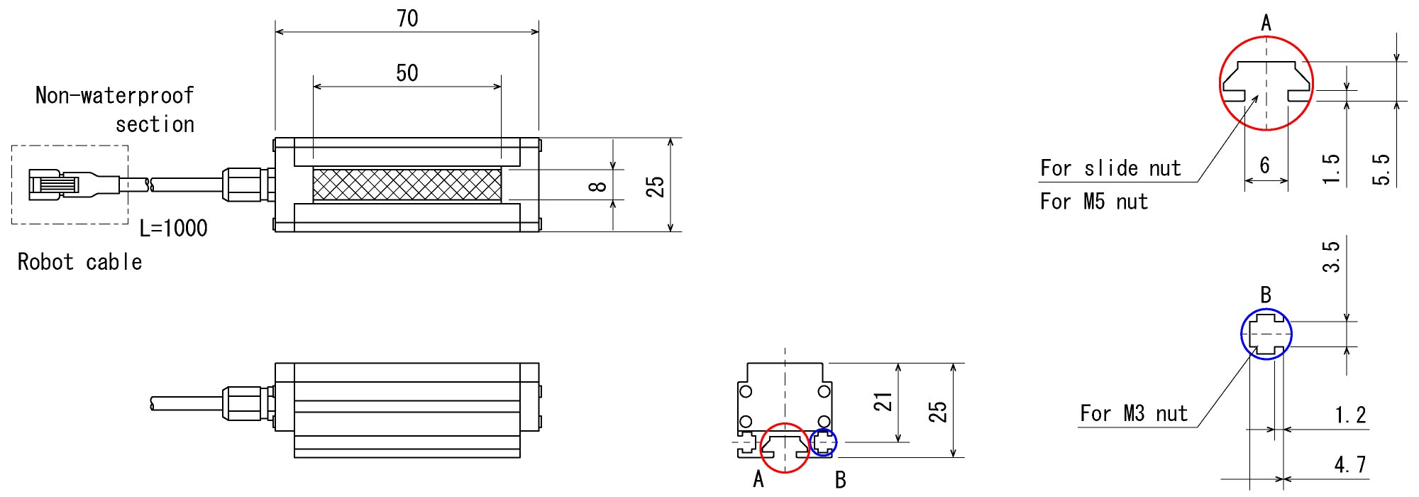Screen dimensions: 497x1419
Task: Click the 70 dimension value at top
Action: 407,18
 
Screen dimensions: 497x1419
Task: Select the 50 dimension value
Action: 407,72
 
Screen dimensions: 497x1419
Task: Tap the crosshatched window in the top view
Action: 407,185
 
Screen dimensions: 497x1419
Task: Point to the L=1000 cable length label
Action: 173,229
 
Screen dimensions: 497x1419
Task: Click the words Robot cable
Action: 79,262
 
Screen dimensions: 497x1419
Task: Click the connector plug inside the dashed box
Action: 71,185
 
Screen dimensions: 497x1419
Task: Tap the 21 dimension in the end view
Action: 883,403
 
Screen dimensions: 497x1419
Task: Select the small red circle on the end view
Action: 785,447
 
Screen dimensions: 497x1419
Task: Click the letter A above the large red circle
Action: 1266,23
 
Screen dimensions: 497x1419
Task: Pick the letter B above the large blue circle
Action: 1266,295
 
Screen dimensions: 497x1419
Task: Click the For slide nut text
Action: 1110,168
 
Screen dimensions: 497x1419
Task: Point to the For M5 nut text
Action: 1093,202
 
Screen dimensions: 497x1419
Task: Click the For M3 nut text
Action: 1133,413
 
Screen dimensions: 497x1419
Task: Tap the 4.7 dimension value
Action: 1349,465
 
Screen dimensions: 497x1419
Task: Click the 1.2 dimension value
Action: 1349,415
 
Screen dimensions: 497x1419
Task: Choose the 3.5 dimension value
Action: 1331,256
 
